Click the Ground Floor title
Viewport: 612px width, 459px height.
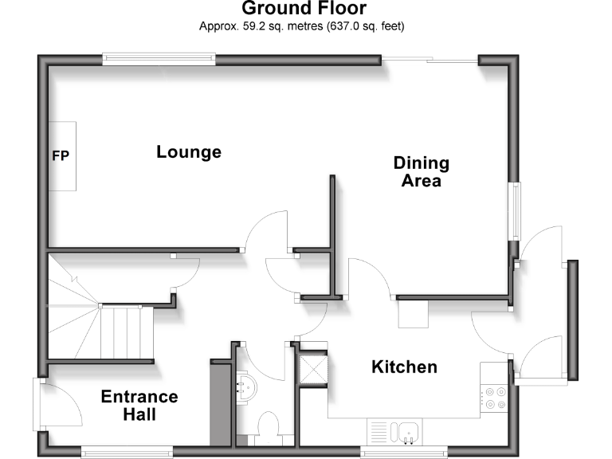click(x=304, y=9)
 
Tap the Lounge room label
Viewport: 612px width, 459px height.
click(x=189, y=152)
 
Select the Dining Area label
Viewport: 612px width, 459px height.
click(x=422, y=171)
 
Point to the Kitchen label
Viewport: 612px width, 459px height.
click(x=405, y=367)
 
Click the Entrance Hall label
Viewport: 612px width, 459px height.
click(x=139, y=406)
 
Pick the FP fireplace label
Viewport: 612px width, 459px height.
click(x=61, y=156)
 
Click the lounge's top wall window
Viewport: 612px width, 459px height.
click(x=159, y=57)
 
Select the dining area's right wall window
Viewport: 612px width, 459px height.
click(x=516, y=210)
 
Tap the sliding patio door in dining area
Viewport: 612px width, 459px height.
click(x=430, y=59)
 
